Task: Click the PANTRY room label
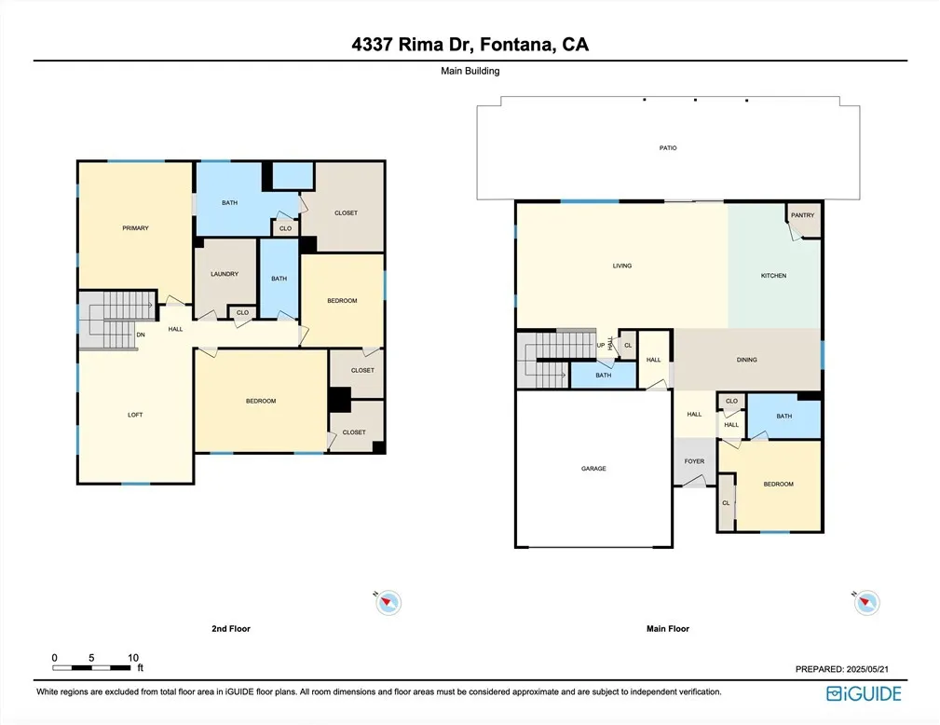802,215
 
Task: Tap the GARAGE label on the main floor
593,469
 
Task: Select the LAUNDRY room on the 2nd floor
225,274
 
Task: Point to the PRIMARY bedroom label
135,228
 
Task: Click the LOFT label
135,415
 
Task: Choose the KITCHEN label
773,276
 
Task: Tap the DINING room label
747,360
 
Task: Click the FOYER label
694,461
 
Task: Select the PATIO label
668,147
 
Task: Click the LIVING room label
622,266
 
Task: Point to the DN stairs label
141,335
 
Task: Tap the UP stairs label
601,346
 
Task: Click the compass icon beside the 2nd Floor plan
388,602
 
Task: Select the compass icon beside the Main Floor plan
866,602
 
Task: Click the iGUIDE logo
864,694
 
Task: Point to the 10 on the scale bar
133,658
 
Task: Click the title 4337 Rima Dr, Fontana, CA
470,45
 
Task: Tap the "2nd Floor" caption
231,628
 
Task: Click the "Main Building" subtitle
470,71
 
